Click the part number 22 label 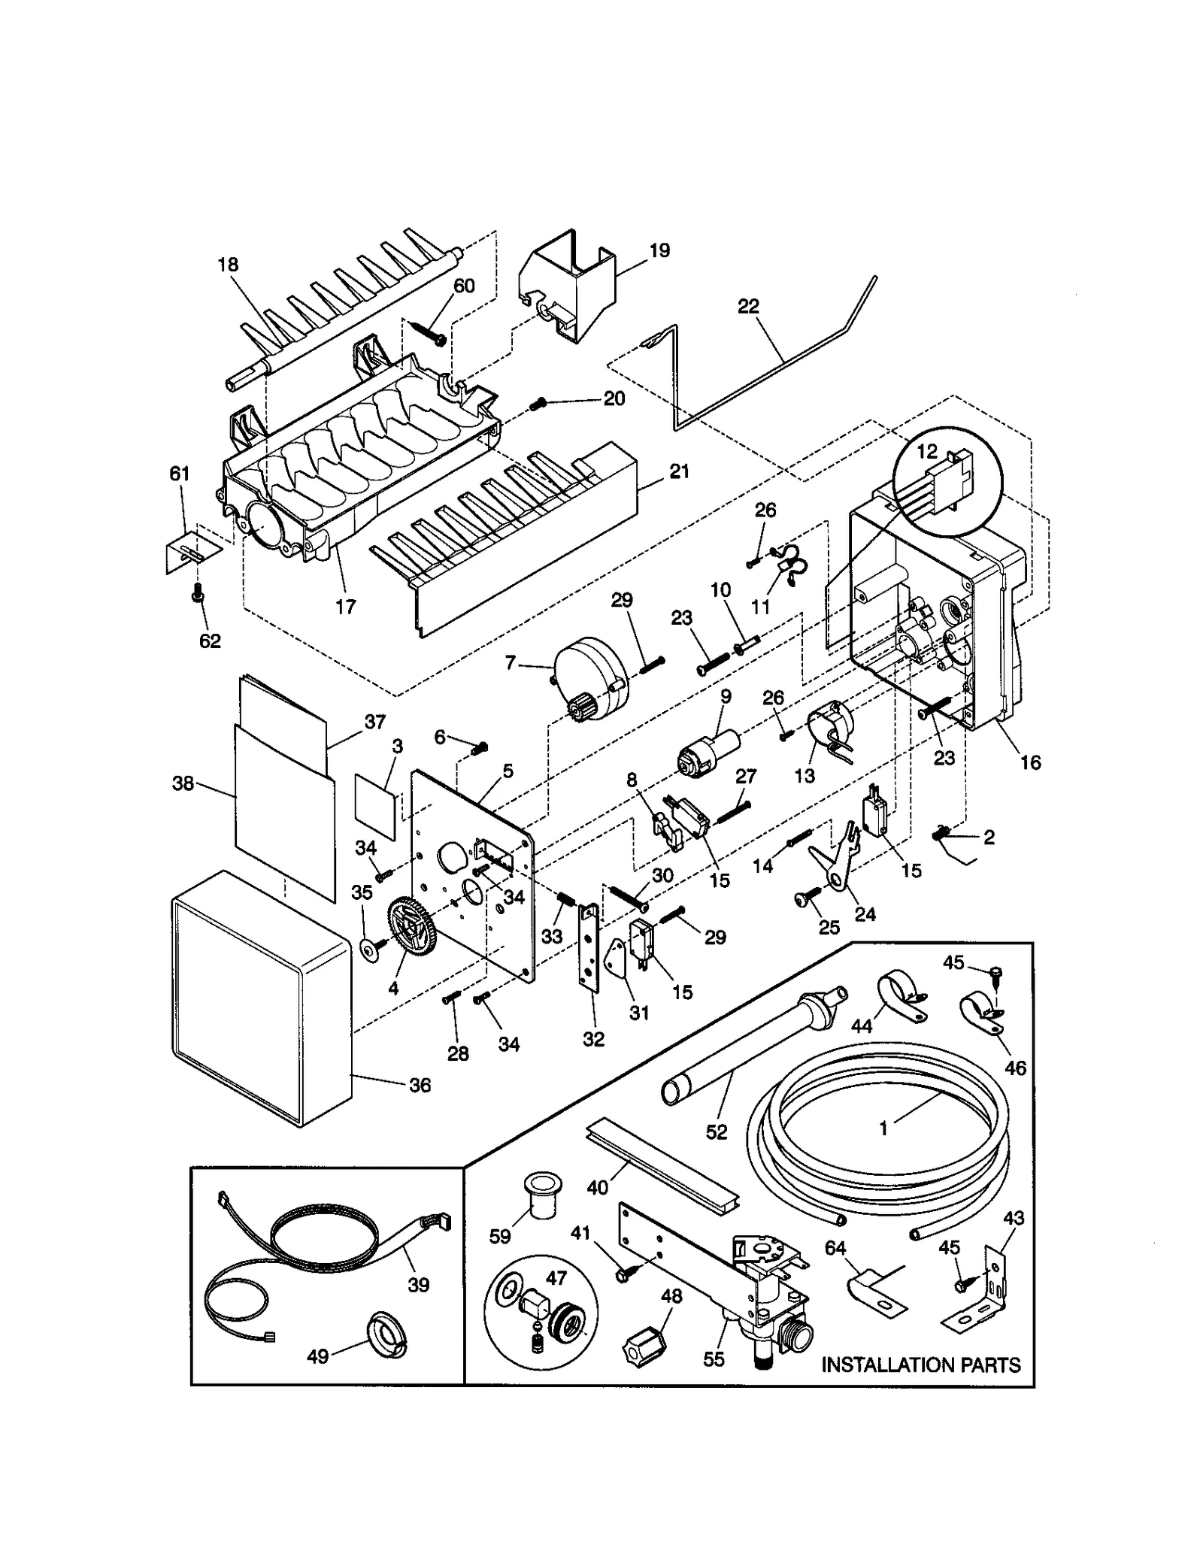748,307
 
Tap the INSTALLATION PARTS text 920,1365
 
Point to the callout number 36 420,1085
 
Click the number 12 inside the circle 927,452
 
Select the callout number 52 717,1132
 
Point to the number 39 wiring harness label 418,1284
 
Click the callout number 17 345,606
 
